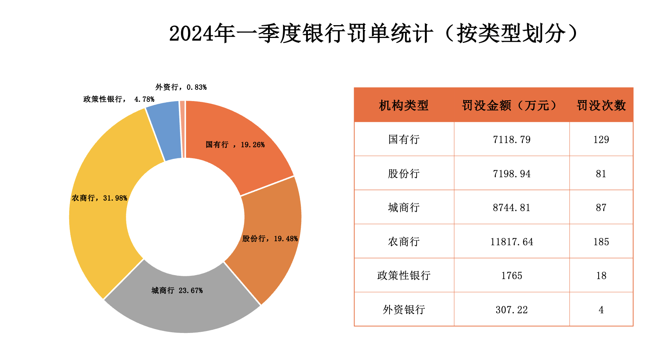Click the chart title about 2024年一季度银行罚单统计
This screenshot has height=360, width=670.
[x=374, y=34]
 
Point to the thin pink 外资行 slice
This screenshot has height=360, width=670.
[x=182, y=128]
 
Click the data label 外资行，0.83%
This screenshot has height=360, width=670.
[x=181, y=87]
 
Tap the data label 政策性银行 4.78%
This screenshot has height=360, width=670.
[x=119, y=99]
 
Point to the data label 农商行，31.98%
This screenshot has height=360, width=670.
[x=99, y=198]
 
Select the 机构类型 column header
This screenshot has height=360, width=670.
[x=404, y=106]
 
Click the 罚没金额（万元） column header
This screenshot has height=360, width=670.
[x=511, y=106]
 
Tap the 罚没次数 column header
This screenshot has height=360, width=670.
[x=601, y=106]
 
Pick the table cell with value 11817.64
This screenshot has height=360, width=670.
[x=511, y=242]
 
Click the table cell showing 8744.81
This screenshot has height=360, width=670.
[x=511, y=207]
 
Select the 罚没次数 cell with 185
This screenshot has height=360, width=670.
[x=601, y=242]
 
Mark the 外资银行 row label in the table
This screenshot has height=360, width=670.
[x=404, y=310]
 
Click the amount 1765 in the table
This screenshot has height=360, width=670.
[x=511, y=275]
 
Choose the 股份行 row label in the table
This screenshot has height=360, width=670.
[x=404, y=174]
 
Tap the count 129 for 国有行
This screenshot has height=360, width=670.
[x=601, y=139]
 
